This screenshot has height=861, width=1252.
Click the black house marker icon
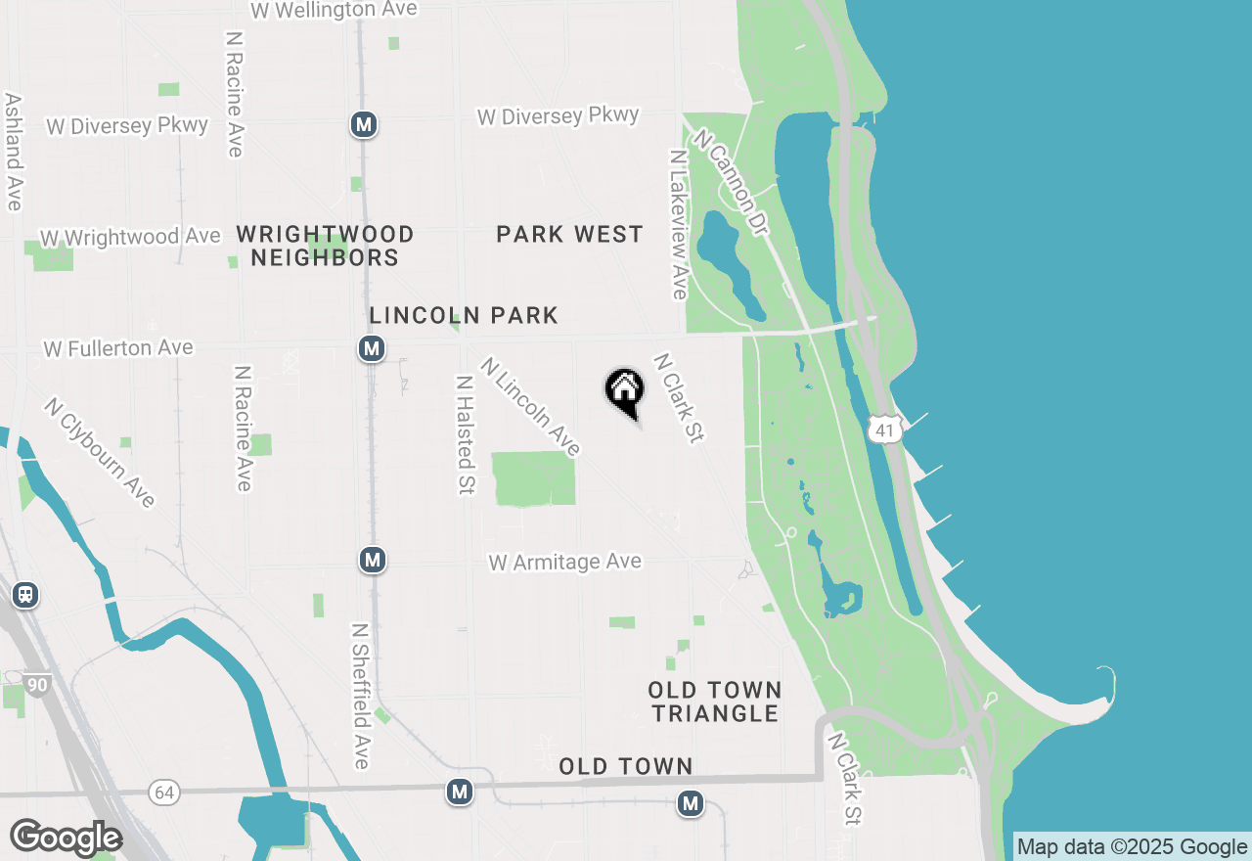625,391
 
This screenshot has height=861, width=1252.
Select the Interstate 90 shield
36,685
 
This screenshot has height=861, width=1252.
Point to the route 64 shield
164,791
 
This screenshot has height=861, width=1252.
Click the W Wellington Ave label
334,10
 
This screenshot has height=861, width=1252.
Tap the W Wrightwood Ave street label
130,238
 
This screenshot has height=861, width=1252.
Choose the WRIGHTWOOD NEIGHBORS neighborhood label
325,246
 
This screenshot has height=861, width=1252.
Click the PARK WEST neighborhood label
569,235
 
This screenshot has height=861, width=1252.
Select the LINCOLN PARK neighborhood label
464,315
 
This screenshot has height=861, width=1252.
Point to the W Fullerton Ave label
118,348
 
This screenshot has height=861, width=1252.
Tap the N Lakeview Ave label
678,224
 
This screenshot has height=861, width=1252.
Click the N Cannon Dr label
729,182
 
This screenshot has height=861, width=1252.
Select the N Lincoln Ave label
530,406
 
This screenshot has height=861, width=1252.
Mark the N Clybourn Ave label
100,452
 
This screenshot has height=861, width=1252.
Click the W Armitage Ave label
565,563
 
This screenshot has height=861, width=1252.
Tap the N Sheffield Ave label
360,696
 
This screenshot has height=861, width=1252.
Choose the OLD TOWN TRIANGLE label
715,702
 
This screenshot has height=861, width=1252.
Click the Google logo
66,838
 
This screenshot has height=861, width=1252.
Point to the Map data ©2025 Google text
1132,847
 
